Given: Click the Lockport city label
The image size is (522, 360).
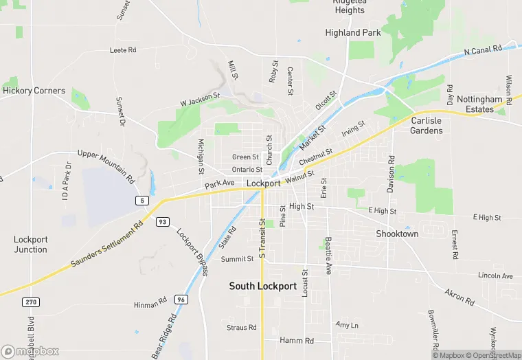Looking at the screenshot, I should click(263, 183).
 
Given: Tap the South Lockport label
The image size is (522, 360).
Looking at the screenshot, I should click(263, 286).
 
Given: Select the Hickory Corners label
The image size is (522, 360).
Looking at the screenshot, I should click(34, 91).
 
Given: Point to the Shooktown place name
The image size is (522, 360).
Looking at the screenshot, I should click(397, 234).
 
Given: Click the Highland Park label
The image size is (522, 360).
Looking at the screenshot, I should click(353, 32).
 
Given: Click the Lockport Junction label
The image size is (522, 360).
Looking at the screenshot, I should click(31, 245).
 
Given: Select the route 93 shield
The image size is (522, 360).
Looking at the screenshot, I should click(163, 222).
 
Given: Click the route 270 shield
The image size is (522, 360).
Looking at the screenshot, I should click(30, 302).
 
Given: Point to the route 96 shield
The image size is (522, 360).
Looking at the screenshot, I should click(181, 300).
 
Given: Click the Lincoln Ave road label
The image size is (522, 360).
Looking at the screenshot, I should click(495, 276).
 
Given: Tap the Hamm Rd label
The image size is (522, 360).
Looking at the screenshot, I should click(297, 341).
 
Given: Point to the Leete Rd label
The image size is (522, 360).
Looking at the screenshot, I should click(124, 50).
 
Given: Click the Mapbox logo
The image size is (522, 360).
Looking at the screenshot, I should click(30, 351).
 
